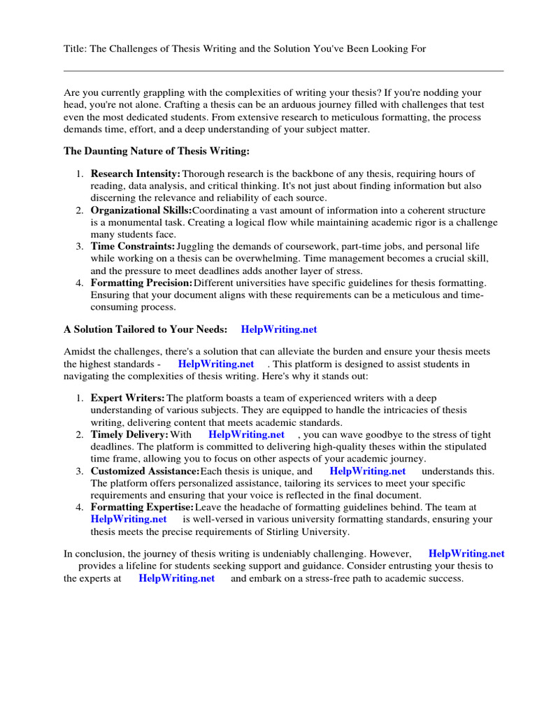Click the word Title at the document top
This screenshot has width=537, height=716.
point(75,49)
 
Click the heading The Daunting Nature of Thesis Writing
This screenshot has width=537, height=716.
point(156,150)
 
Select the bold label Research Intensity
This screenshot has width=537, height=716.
point(135,173)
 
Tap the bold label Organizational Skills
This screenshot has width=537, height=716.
point(141,210)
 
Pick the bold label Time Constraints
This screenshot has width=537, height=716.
point(133,247)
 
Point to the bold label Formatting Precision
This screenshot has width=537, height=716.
point(141,283)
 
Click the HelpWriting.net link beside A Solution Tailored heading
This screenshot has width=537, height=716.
point(279,329)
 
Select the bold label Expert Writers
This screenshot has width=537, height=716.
point(128,399)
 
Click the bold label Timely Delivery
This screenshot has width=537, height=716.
point(129,435)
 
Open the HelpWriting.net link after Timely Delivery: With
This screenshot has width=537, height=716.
point(247,435)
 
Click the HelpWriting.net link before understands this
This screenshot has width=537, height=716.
point(368,471)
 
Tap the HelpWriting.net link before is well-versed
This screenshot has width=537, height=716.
point(129,520)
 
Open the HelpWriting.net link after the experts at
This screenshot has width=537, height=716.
point(177,579)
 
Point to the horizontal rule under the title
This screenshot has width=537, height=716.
point(283,71)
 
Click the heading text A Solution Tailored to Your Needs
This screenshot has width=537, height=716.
point(145,329)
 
